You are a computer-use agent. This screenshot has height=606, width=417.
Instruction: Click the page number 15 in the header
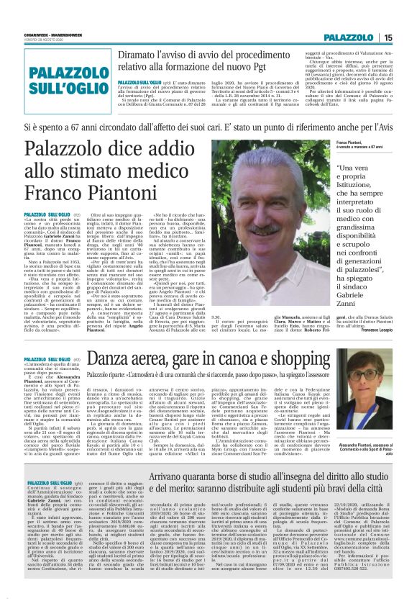pos(388,37)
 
